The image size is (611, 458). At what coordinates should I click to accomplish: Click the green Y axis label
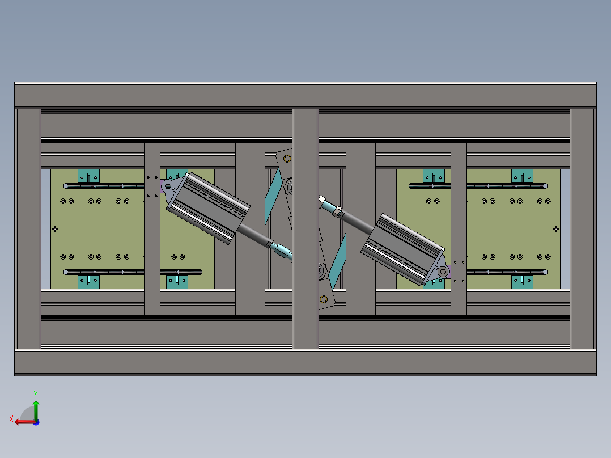(x=36, y=394)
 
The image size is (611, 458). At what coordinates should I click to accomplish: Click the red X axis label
(x=11, y=419)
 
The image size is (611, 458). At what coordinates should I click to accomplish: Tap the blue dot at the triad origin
(x=36, y=422)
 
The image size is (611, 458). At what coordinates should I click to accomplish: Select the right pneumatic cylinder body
(x=403, y=249)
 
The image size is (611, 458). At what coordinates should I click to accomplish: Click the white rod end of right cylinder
(x=322, y=200)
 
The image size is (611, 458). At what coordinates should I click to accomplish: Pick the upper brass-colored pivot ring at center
(x=287, y=159)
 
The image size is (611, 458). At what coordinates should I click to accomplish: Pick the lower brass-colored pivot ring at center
(x=324, y=299)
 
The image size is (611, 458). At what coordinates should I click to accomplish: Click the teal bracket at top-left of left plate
(x=88, y=176)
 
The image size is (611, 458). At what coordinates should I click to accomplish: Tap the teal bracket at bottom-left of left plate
(x=88, y=282)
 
